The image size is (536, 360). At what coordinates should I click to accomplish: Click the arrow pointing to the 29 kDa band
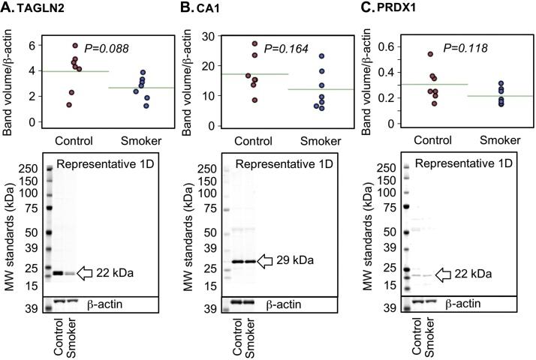point(266,261)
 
